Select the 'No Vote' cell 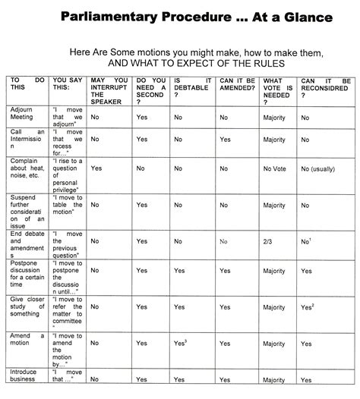(276, 168)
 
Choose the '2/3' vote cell (267, 243)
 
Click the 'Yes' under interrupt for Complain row (96, 168)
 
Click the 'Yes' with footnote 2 (307, 306)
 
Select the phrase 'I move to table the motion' (67, 208)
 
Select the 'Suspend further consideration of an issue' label (27, 212)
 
